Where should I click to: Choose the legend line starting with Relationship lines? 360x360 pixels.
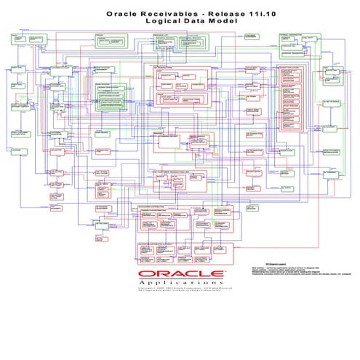291,271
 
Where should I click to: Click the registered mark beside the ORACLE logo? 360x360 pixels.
224,269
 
